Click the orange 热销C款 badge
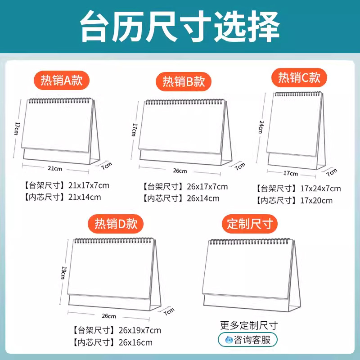coord(299,77)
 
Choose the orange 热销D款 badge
coord(116,224)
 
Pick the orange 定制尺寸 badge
coord(249,224)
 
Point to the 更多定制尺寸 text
coord(249,325)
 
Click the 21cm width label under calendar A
coord(55,168)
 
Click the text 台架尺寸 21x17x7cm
coord(67,185)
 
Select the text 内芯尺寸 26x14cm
coord(181,198)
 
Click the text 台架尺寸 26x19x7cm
coord(116,330)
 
